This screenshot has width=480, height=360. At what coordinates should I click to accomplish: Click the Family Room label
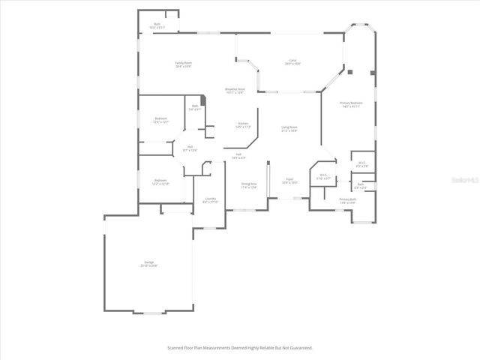(183, 64)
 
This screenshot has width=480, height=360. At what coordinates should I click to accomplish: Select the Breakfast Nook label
(235, 90)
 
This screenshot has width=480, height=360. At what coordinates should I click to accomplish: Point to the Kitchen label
(243, 125)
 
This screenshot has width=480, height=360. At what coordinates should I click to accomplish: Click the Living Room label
(289, 129)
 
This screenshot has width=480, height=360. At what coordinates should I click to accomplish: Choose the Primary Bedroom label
(351, 104)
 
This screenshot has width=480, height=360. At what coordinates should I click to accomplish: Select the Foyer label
(289, 181)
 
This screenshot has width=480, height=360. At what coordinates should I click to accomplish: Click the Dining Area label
(249, 185)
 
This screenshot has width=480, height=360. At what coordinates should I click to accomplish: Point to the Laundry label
(210, 200)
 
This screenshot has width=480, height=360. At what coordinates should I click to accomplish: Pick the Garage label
(148, 263)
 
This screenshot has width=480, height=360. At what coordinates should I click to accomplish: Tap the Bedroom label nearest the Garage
(160, 181)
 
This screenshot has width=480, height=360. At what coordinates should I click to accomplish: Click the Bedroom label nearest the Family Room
(160, 120)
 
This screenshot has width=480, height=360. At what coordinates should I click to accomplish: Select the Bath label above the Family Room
(157, 25)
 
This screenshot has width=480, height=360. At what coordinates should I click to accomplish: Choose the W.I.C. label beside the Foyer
(323, 178)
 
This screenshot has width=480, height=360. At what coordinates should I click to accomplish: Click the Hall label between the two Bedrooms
(190, 148)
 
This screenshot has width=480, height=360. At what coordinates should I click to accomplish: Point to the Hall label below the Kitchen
(238, 156)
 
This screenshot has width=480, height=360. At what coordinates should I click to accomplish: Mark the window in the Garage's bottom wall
(154, 312)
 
